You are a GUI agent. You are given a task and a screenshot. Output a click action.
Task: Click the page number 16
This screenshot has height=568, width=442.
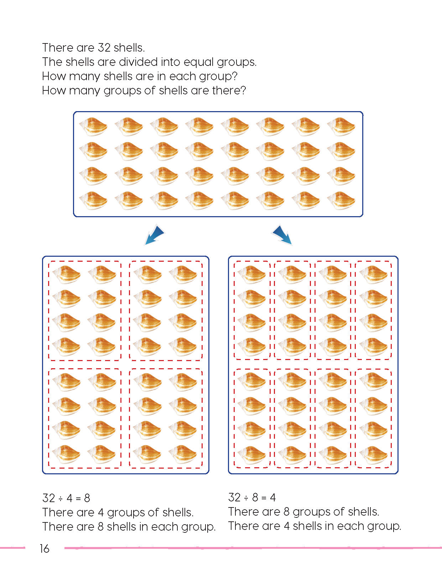[45, 548]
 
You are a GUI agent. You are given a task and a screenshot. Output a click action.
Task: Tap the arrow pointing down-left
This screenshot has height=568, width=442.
[155, 235]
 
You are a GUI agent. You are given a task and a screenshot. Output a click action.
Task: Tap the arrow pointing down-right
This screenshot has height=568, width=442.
[282, 235]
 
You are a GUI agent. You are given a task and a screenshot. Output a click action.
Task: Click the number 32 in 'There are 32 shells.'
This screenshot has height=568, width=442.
[104, 48]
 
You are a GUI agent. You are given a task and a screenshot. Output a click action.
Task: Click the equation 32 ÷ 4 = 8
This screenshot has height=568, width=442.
[66, 498]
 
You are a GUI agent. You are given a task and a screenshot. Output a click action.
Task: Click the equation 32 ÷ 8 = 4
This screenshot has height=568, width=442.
[252, 497]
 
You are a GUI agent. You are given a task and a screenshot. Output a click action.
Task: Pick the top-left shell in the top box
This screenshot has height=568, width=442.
[93, 127]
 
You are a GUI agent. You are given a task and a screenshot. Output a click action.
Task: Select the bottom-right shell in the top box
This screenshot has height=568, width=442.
[341, 201]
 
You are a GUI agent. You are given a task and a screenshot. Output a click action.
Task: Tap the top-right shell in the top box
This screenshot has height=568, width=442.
[341, 127]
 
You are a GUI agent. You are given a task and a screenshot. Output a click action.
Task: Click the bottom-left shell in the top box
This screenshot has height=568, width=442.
[93, 201]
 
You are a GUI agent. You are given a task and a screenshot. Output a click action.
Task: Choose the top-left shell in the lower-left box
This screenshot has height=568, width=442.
[66, 275]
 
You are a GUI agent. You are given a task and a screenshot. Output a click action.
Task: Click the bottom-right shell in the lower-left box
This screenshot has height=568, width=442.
[183, 454]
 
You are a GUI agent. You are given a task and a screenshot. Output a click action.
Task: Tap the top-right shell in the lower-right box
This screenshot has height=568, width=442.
[373, 275]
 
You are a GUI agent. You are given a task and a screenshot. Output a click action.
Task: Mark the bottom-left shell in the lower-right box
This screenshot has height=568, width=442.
[252, 454]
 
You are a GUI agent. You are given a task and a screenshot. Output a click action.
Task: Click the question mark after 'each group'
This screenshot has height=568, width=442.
[234, 76]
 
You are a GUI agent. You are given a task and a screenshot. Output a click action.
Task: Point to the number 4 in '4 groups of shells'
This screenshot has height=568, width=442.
[101, 512]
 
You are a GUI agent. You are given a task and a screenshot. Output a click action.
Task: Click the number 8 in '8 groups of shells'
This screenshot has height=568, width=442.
[286, 512]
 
